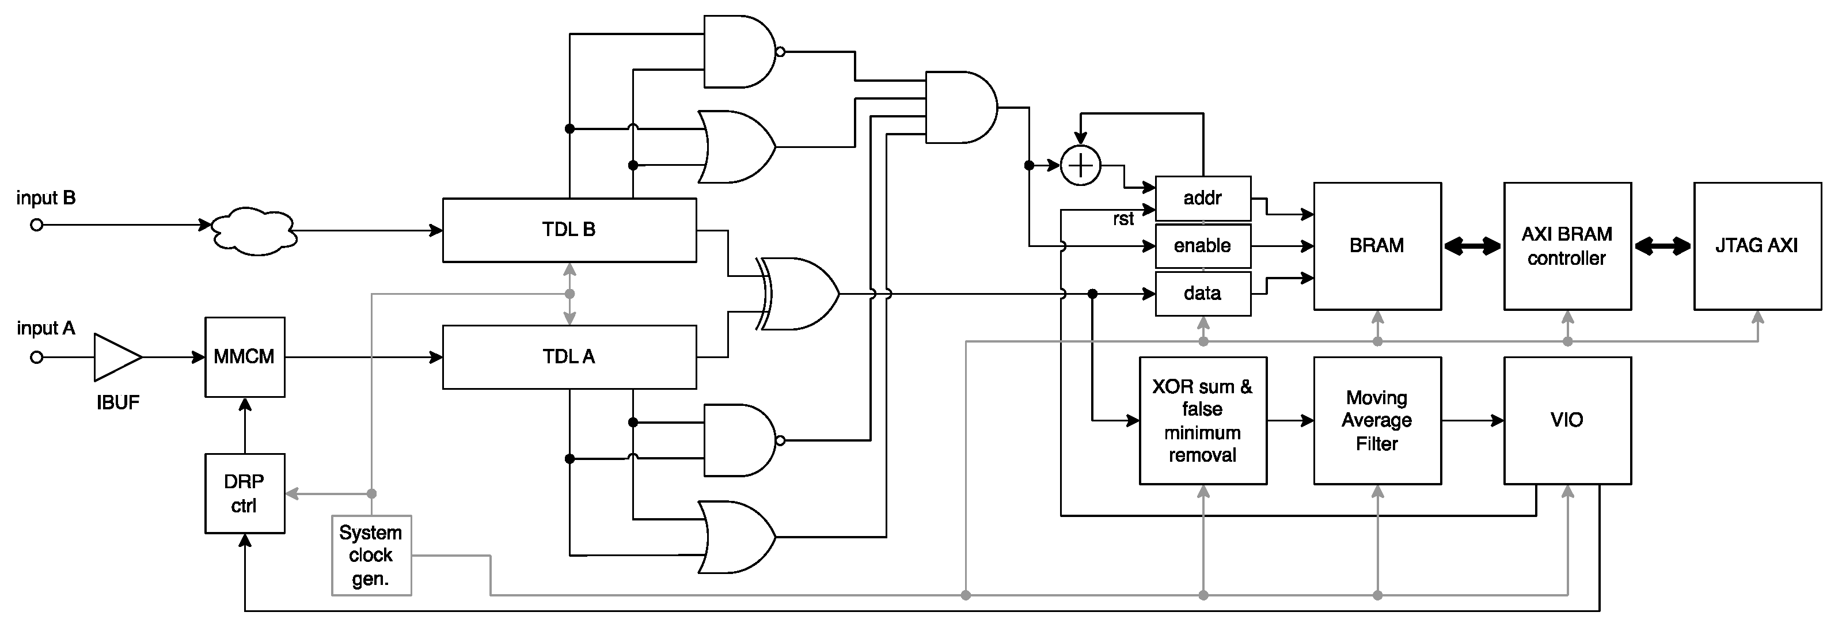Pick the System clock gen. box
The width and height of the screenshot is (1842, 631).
(x=371, y=555)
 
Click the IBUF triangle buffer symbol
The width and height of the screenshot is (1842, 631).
(x=116, y=356)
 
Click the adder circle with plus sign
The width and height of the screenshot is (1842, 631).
(x=1080, y=166)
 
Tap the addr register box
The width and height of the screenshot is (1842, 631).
(x=1203, y=198)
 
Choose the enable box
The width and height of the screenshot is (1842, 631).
(x=1203, y=246)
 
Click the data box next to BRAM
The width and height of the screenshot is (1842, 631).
(x=1203, y=294)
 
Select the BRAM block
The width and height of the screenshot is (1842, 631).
(x=1377, y=246)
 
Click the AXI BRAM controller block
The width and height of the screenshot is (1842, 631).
(x=1567, y=246)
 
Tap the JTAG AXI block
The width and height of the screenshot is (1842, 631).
(x=1757, y=246)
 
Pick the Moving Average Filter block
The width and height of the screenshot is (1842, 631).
(x=1377, y=421)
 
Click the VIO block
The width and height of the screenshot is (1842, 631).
(x=1567, y=421)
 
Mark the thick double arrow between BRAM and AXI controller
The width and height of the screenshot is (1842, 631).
(x=1472, y=246)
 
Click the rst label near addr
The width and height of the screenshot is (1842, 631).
(x=1123, y=219)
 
